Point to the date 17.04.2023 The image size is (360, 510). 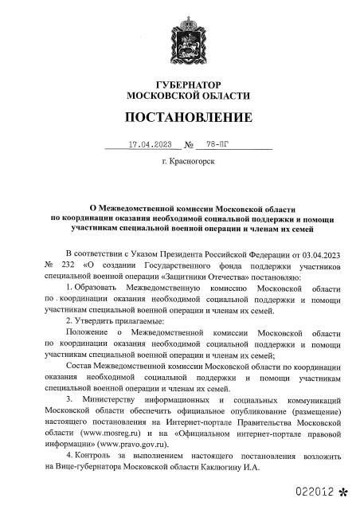(x=149, y=146)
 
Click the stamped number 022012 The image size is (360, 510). (x=313, y=493)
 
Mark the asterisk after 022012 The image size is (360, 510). (x=344, y=494)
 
